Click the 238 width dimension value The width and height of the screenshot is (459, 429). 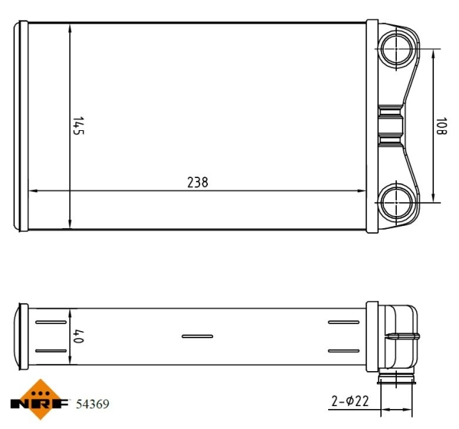197,182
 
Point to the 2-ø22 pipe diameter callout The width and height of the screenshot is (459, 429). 350,402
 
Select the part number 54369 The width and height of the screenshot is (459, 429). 92,405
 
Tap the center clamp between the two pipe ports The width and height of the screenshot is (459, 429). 391,124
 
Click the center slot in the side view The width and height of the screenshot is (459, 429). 197,336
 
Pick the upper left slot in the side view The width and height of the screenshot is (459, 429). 50,322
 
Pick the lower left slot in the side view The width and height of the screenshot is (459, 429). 50,350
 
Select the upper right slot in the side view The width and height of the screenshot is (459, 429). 344,322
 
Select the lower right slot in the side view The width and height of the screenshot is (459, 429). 344,350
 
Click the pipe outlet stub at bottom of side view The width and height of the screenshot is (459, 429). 395,379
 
